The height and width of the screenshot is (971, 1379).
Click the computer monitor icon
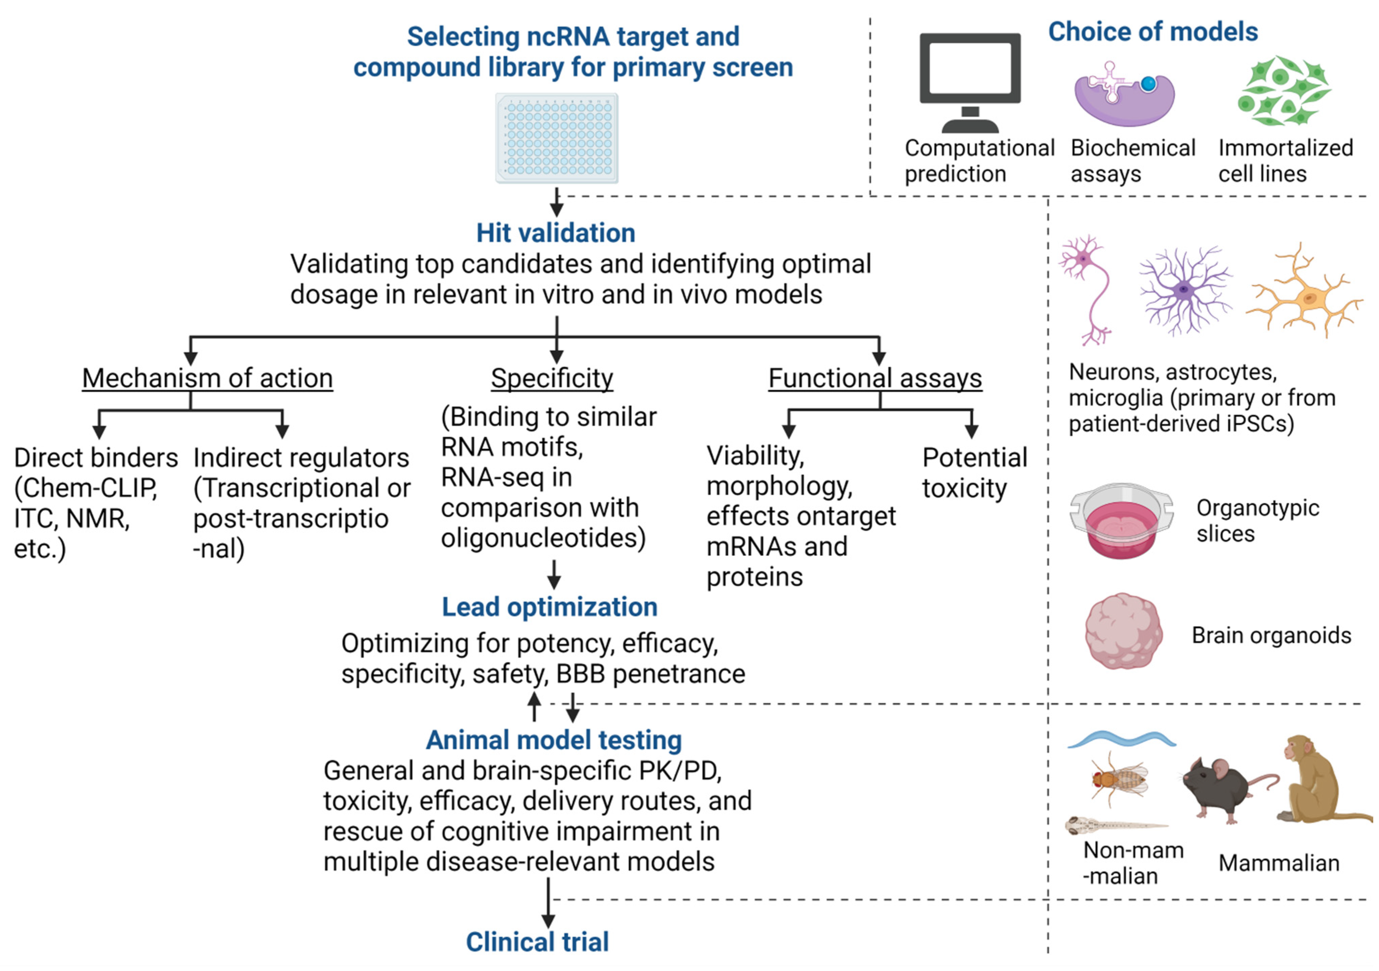click(x=970, y=83)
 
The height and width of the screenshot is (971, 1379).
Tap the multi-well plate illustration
click(x=557, y=138)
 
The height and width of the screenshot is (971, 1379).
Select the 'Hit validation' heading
click(x=556, y=233)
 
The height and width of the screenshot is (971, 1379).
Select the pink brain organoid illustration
click(x=1123, y=631)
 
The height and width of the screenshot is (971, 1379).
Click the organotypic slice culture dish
click(x=1121, y=520)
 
